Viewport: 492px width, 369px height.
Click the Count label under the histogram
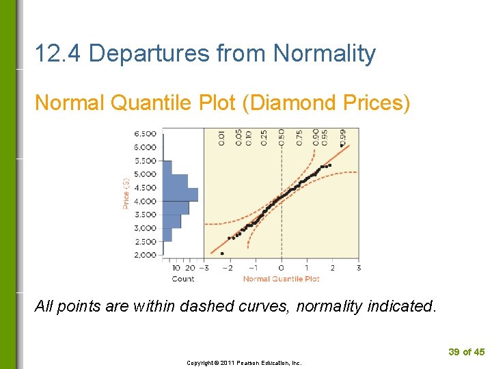[182, 279]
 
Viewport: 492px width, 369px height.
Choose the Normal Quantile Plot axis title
[281, 279]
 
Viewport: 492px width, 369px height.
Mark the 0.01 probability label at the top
[221, 137]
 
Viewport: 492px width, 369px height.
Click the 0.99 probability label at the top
[342, 137]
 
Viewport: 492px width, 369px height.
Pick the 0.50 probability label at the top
[281, 137]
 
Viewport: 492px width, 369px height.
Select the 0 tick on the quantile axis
[282, 268]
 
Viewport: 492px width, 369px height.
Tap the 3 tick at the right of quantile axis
[358, 268]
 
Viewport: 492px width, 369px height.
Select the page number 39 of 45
[466, 352]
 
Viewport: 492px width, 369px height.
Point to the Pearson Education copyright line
[244, 363]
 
